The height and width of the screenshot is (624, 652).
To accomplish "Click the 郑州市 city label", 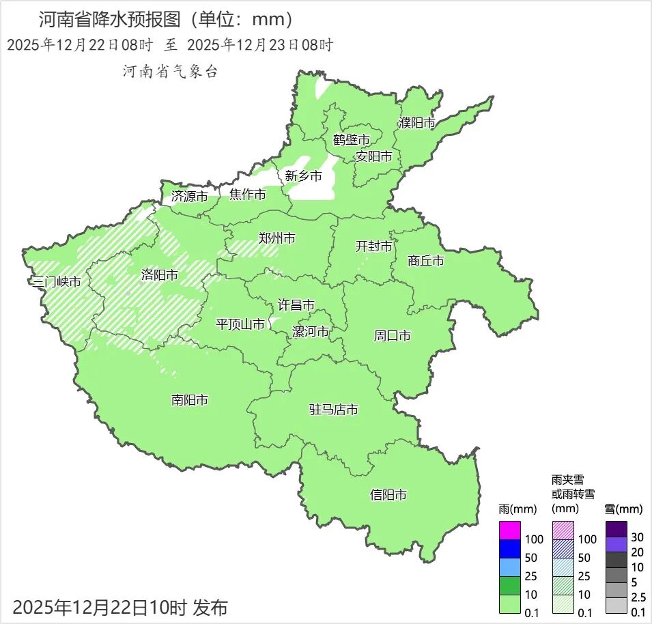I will point(277,238).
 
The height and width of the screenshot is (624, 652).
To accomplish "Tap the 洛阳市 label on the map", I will point(159,274).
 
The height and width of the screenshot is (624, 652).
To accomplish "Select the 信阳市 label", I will point(388,494).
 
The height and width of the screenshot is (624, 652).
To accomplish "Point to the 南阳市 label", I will point(189,400).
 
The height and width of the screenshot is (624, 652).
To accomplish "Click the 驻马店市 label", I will point(333,410).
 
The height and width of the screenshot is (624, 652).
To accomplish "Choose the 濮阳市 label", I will point(416,123).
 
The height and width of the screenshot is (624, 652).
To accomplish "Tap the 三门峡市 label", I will point(56,281).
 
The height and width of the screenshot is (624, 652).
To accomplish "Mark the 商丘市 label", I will point(425,260).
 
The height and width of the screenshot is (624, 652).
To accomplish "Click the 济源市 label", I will point(189,196).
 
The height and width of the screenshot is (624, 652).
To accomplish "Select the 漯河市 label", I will point(310,332).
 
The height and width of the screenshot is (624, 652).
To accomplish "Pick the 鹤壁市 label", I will point(351,140).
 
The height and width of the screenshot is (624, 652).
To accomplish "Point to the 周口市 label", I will point(392,335).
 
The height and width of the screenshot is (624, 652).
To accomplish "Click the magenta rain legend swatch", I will point(510,530).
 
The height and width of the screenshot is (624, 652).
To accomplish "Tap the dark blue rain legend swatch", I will point(510,548).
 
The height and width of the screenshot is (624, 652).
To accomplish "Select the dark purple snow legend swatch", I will point(616,528).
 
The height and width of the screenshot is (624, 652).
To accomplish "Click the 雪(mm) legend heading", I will point(623,509).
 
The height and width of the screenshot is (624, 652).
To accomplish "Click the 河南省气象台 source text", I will point(170,72).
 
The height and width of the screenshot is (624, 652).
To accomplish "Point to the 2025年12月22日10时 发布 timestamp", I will point(120,606).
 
